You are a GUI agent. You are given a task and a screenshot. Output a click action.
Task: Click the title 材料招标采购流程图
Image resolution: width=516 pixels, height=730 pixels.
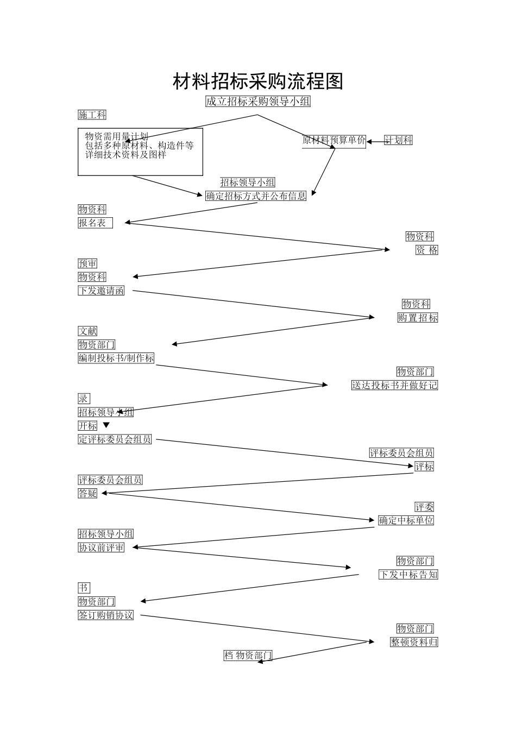pos(258,81)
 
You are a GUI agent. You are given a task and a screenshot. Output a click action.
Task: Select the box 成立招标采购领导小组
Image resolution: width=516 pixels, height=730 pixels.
pos(258,102)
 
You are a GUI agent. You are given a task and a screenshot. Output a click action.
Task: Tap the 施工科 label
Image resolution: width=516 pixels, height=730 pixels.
pos(92,115)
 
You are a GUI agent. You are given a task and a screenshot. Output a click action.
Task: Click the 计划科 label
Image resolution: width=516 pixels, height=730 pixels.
pos(398,140)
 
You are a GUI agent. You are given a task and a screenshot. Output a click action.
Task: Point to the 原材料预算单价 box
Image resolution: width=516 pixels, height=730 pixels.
pos(334,140)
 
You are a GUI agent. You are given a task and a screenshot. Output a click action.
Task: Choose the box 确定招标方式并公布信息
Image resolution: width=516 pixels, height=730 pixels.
pos(256,196)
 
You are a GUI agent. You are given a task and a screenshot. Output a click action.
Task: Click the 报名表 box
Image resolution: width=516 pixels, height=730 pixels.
pos(95,223)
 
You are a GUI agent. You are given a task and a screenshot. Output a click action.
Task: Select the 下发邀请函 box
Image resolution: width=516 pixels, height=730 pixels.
pos(102,291)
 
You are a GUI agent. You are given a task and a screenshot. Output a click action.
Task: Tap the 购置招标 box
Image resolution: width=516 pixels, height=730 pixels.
pos(418,318)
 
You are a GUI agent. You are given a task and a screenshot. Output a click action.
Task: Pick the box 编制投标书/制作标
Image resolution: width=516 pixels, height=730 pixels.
pos(116,358)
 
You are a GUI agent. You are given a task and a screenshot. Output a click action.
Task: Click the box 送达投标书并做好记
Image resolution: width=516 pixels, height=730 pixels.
pos(394,385)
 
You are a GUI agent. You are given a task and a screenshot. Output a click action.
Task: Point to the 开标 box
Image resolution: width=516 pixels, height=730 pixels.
pos(87,426)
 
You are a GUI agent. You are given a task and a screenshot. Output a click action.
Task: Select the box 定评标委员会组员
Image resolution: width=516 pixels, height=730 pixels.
pos(115,439)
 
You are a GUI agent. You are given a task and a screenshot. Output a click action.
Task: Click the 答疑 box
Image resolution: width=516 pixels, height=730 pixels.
pos(87,493)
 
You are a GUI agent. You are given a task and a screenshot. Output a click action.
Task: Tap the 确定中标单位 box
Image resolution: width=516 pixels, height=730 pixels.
pos(406,520)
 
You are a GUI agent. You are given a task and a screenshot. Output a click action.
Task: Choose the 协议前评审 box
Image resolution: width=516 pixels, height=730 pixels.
pos(102,547)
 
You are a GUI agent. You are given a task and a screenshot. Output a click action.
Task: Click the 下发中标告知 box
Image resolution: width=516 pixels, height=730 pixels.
pos(408,575)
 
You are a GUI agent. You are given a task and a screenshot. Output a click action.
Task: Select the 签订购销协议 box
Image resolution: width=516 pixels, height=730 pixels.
pos(106,615)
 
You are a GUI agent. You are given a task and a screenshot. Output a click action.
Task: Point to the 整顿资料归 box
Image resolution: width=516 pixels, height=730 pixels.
pos(414,642)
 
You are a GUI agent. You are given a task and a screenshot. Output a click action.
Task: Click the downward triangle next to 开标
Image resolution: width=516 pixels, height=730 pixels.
pos(106,425)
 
